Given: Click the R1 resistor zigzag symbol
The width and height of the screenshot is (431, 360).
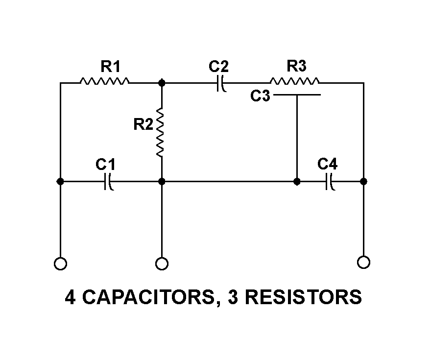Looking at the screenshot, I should (x=104, y=81).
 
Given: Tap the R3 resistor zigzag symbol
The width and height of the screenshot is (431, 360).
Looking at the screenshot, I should (x=294, y=81).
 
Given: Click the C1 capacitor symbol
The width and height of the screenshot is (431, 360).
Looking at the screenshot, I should (x=109, y=182).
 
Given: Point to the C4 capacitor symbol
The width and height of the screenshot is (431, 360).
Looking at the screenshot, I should (x=330, y=182).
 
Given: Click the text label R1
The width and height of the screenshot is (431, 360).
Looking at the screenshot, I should (x=110, y=66).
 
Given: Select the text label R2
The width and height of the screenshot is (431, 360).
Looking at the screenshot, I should (x=144, y=125).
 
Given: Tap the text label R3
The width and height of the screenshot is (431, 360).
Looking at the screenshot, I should (x=297, y=66).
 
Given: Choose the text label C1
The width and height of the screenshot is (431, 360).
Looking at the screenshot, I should (x=105, y=164).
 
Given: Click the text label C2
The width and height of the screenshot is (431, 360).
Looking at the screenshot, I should (x=218, y=66).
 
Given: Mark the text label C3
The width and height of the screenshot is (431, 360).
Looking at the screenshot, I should (x=260, y=96).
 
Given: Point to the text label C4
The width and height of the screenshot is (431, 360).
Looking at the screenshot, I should (x=327, y=164).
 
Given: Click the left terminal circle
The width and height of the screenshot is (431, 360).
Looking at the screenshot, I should (x=60, y=264).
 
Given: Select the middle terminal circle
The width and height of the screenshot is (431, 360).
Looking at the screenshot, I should (x=161, y=264).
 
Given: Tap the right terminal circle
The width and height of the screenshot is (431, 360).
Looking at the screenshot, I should (x=363, y=262).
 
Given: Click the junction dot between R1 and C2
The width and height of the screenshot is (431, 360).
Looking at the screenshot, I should (x=162, y=83).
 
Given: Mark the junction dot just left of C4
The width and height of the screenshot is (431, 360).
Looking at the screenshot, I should (x=297, y=182).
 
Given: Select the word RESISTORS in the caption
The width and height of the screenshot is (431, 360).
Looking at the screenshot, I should (x=302, y=297).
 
